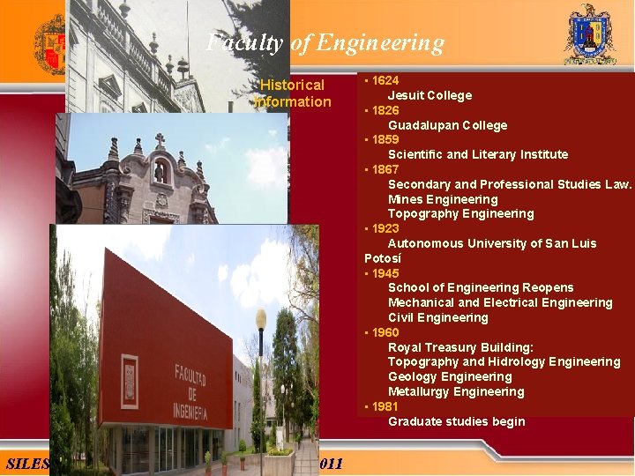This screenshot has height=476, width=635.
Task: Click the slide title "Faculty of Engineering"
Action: point(325,42)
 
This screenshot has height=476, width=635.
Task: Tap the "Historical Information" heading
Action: point(292,93)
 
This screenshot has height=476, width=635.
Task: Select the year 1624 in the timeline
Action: point(385,80)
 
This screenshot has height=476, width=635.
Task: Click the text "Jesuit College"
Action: point(430,95)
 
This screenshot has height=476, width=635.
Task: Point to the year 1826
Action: point(385,110)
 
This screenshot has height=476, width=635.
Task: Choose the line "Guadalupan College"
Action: point(447,125)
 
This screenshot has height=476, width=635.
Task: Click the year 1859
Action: point(385,139)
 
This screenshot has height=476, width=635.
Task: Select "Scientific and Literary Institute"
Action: point(477,154)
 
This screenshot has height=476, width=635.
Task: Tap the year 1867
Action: point(385,169)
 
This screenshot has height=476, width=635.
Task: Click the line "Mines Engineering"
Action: point(443,199)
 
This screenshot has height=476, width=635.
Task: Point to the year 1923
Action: point(385,228)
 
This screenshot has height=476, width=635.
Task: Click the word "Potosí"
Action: point(383,258)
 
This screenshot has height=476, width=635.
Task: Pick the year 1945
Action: point(385,273)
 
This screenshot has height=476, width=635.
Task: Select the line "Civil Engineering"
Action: point(437,317)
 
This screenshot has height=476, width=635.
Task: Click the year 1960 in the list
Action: point(385,332)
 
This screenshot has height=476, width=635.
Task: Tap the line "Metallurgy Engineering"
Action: point(456,391)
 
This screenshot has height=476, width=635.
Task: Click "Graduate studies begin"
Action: point(456,421)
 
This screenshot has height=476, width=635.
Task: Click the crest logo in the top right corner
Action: point(589,34)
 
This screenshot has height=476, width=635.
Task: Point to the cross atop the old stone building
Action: point(160,140)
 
